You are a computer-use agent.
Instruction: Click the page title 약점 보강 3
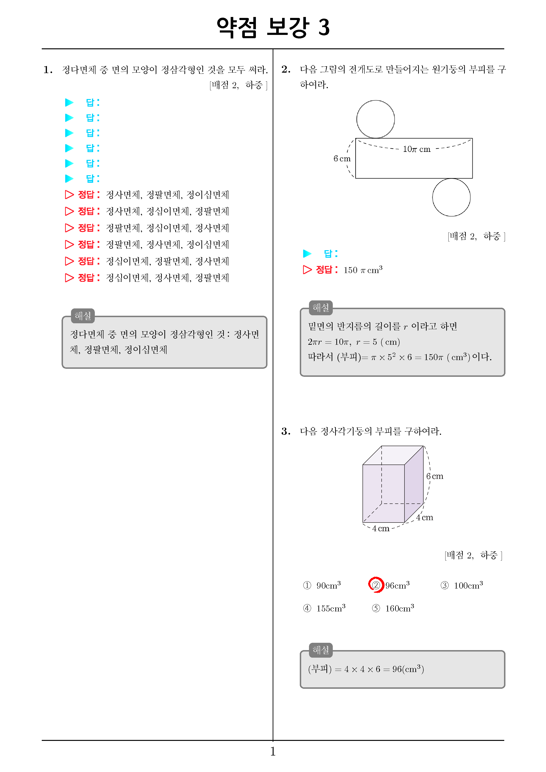[273, 27]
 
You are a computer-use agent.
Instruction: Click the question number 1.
[48, 70]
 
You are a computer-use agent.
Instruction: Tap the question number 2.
[286, 69]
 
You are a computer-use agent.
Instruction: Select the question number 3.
[286, 432]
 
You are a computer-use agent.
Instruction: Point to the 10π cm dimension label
[417, 149]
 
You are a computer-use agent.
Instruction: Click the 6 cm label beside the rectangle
[342, 158]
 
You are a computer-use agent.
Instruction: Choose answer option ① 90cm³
[322, 585]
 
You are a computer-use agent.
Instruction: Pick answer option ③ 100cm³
[462, 585]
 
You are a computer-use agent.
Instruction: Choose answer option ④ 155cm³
[324, 608]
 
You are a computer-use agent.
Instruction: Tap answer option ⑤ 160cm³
[393, 608]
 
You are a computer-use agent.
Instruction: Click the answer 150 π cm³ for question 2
[363, 270]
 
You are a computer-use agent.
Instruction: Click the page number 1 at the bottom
[273, 751]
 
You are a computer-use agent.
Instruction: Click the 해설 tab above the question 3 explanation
[321, 650]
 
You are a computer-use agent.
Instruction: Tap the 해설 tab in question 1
[83, 316]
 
